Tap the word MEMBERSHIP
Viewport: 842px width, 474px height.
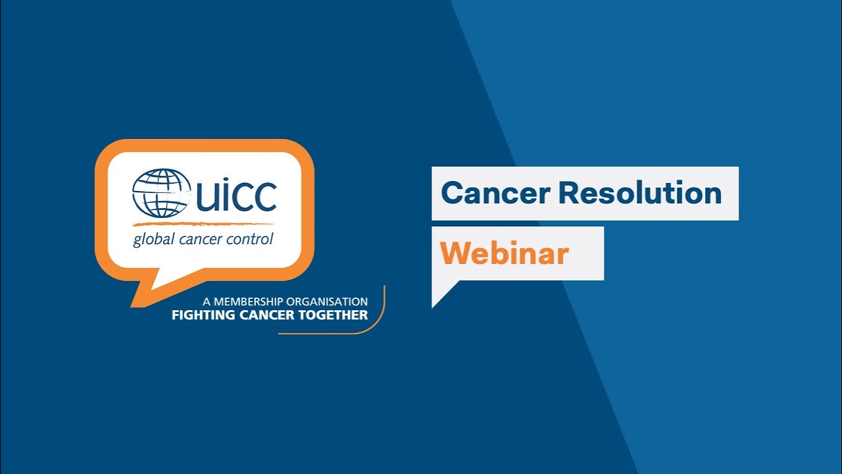(x=247, y=302)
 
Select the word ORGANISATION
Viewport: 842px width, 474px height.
(x=327, y=302)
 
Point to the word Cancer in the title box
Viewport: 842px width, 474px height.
(x=495, y=194)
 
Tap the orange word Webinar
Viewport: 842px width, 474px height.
(x=505, y=253)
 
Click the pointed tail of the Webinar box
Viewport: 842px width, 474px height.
(x=439, y=294)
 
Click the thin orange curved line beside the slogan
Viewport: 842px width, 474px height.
(x=380, y=319)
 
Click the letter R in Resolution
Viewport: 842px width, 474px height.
(x=570, y=194)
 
